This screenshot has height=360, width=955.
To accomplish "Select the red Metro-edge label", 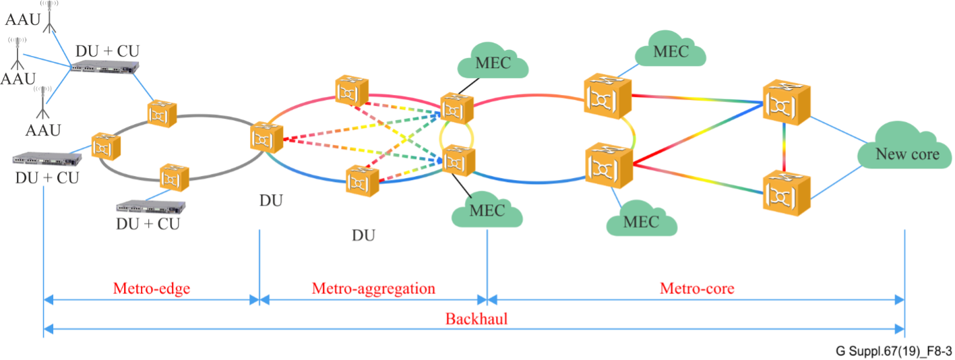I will tap(152, 289).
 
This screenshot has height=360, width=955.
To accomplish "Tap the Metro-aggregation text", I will tap(373, 289).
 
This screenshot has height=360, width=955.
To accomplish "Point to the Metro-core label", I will tap(696, 289).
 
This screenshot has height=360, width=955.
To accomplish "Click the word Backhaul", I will tap(476, 318).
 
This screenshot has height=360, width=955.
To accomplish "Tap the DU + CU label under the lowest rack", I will tap(148, 224).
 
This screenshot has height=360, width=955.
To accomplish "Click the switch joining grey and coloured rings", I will tap(263, 137).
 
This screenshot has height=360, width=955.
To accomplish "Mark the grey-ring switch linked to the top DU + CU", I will tap(162, 115).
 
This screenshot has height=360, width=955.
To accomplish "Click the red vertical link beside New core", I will tap(785, 148).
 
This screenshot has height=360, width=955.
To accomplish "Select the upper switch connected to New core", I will tap(785, 102).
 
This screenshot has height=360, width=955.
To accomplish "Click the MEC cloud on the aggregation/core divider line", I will tap(487, 210).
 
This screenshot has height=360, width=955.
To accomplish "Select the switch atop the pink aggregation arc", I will tap(352, 91).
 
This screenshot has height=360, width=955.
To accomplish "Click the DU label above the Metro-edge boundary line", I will tap(271, 200).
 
